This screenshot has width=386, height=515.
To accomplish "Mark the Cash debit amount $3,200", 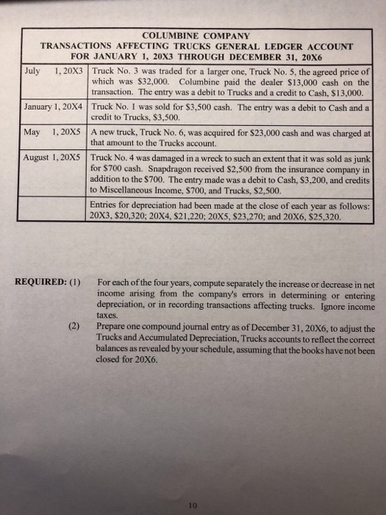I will click(x=296, y=179).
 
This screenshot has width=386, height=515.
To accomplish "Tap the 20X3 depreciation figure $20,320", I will click(x=137, y=218).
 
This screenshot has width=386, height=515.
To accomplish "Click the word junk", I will click(x=361, y=157).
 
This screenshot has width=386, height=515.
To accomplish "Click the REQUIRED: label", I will click(x=42, y=280).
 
